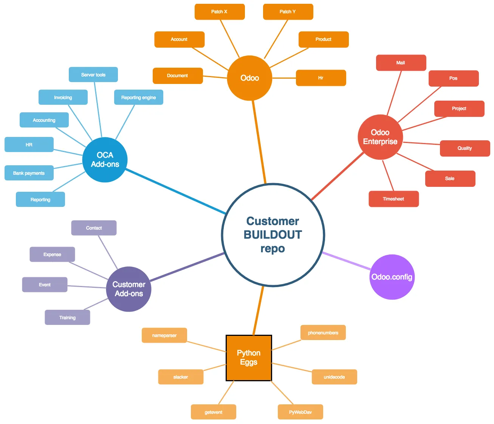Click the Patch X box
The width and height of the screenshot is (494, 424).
(220, 12)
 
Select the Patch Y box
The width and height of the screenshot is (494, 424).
(288, 12)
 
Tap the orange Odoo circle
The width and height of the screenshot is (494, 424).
(249, 78)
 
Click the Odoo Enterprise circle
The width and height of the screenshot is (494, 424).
(380, 137)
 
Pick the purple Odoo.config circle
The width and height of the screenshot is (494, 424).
(392, 277)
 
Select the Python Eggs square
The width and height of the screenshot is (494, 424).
(249, 358)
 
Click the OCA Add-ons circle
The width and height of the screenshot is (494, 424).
(105, 160)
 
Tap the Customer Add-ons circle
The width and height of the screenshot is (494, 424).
(129, 289)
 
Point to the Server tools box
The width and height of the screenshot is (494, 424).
(93, 75)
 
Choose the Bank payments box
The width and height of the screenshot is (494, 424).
(29, 173)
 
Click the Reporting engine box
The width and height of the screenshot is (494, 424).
(139, 97)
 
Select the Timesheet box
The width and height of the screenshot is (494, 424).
(393, 199)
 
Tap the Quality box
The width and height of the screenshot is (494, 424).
(465, 148)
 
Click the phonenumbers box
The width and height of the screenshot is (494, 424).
(323, 332)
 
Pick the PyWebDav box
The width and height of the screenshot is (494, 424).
(300, 412)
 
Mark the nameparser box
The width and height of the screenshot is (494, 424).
(164, 335)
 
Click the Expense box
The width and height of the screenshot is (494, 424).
(52, 254)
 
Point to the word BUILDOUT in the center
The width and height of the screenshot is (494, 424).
(273, 235)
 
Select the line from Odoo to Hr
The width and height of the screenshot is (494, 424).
(284, 78)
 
